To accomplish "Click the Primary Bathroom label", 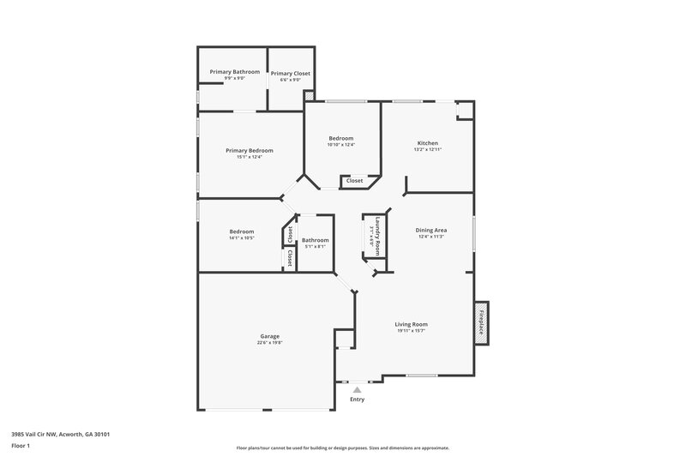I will point(235,71).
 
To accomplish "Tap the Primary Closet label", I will point(291,73).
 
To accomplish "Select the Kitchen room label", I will point(427,142).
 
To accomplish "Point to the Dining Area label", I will point(431,230).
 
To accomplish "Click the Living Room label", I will point(412,324).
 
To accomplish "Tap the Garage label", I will point(269,335).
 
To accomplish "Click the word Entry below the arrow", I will point(358,400).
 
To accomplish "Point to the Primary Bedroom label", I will point(250,150).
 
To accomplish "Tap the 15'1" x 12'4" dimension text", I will point(250,157).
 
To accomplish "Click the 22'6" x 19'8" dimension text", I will point(269,343).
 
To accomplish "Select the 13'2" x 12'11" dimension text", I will point(427,150).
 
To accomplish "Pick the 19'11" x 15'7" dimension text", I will point(412,332).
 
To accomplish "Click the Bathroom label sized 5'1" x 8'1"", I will point(315,240).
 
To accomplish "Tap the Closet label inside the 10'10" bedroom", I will point(354,181).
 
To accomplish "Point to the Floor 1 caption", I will point(21,447).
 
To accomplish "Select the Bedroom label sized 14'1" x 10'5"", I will point(241,232).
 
